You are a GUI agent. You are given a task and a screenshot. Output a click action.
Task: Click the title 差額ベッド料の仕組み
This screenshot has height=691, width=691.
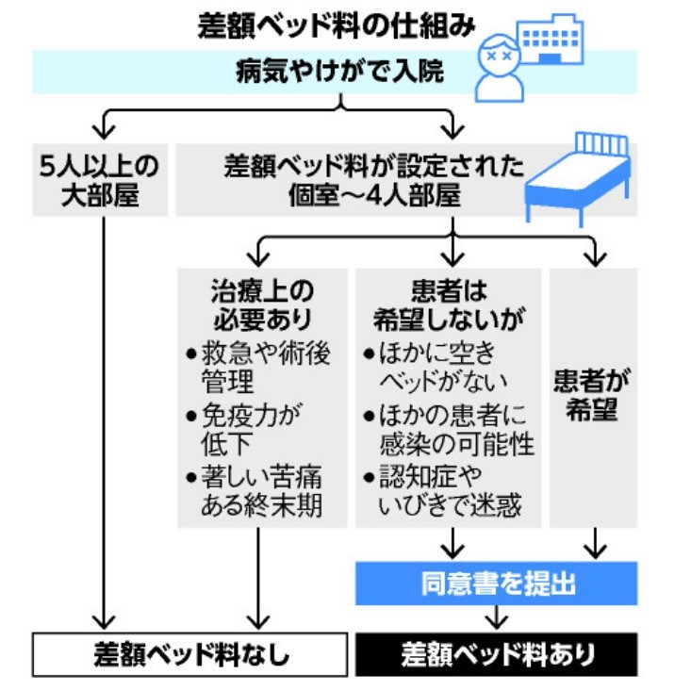pos(336,25)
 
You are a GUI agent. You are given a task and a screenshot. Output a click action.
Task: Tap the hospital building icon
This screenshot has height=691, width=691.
pos(565,41)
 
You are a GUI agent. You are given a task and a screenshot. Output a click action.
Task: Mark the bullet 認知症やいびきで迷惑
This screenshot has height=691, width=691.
pos(449,491)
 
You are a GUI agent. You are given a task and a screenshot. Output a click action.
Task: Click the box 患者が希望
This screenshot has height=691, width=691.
pos(593,397)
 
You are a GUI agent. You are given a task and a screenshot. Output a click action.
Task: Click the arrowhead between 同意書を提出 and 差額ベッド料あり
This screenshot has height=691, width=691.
pos(497,618)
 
